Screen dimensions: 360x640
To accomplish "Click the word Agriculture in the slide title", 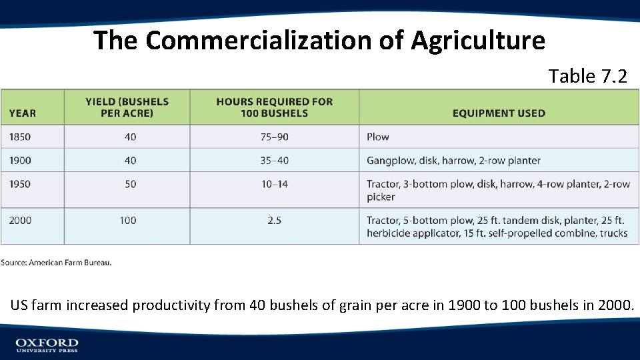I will pyautogui.click(x=478, y=41).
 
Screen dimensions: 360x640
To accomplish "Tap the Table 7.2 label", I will pyautogui.click(x=587, y=76).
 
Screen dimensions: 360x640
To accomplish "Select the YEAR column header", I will pyautogui.click(x=23, y=113).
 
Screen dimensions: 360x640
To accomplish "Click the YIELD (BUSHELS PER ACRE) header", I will pyautogui.click(x=127, y=107).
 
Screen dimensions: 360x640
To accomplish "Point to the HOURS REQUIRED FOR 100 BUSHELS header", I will pyautogui.click(x=274, y=107).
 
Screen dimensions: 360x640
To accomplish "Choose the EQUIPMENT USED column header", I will pyautogui.click(x=498, y=113).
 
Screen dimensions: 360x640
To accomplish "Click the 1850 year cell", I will pyautogui.click(x=20, y=137).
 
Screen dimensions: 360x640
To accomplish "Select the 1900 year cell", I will pyautogui.click(x=20, y=160).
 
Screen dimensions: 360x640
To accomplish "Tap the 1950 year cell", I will pyautogui.click(x=20, y=184).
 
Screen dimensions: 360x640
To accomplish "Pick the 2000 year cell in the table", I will pyautogui.click(x=20, y=220).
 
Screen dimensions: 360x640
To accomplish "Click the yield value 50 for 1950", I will pyautogui.click(x=130, y=184).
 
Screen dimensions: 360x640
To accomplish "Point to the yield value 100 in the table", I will pyautogui.click(x=128, y=220).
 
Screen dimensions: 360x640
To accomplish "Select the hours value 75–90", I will pyautogui.click(x=274, y=137).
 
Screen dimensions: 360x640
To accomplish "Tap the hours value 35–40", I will pyautogui.click(x=274, y=160).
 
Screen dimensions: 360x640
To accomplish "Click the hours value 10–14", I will pyautogui.click(x=274, y=184).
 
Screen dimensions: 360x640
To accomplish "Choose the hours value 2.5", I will pyautogui.click(x=274, y=220).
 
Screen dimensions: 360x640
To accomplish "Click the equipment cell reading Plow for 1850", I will pyautogui.click(x=377, y=137).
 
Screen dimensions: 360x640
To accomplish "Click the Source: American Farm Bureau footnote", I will pyautogui.click(x=56, y=263).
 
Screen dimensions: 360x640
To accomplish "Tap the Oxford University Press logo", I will pyautogui.click(x=47, y=345).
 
